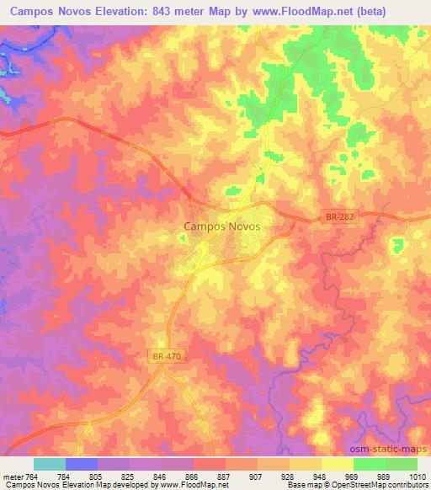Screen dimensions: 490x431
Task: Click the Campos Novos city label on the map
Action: pyautogui.click(x=221, y=226)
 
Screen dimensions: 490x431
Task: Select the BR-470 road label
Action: pyautogui.click(x=168, y=356)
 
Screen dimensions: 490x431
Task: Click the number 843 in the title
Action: pyautogui.click(x=164, y=12)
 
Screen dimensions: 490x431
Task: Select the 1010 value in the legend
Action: pyautogui.click(x=418, y=475)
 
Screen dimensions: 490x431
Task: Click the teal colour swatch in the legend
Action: pyautogui.click(x=49, y=464)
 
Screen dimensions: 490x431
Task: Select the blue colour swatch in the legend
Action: pyautogui.click(x=81, y=464)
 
